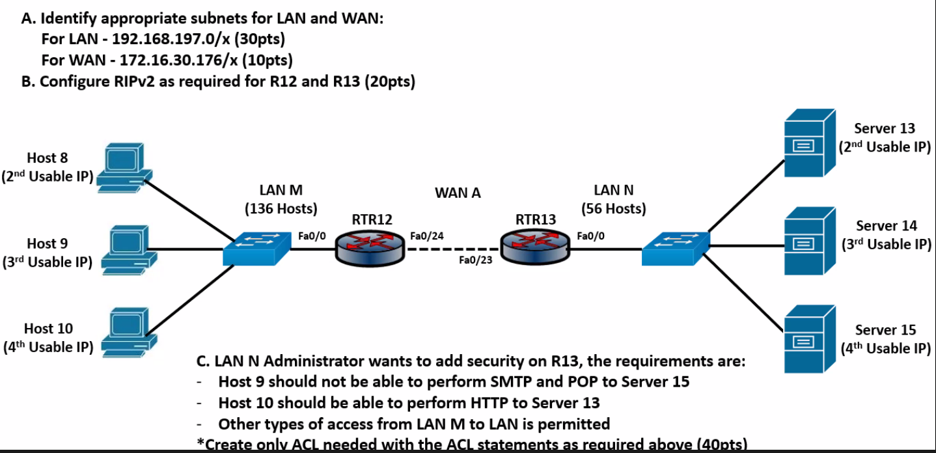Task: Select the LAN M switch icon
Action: click(257, 248)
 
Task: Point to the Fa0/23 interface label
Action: click(476, 261)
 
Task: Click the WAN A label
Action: click(458, 193)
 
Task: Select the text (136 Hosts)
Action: click(281, 209)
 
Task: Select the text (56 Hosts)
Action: click(613, 209)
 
